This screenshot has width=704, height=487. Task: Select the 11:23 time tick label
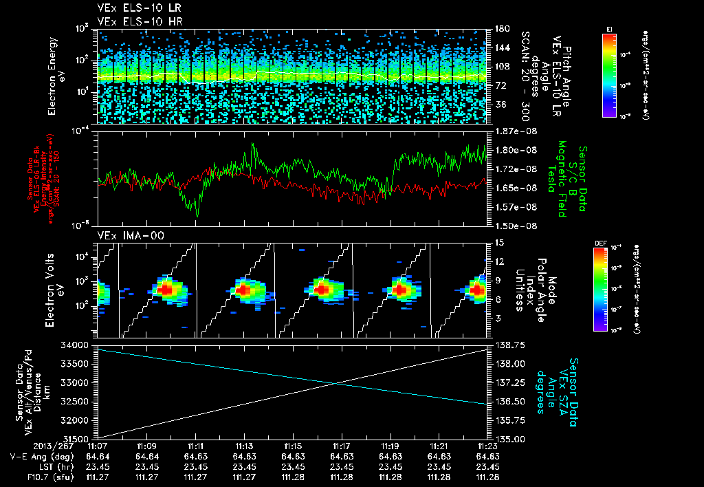487,446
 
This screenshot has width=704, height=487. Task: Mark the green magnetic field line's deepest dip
197,216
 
